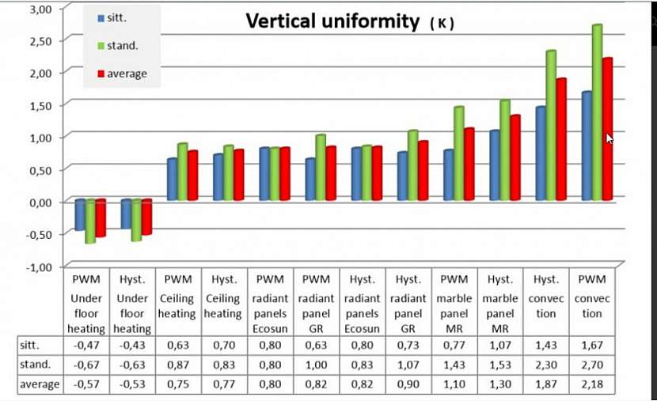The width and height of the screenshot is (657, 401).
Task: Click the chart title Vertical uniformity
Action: click(332, 21)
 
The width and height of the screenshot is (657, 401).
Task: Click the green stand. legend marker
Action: click(100, 46)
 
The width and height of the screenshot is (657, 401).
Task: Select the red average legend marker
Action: click(100, 74)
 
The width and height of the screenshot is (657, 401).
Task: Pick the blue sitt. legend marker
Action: click(100, 18)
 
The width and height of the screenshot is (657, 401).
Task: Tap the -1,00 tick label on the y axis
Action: click(36, 267)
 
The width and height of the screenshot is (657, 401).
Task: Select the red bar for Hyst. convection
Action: click(561, 139)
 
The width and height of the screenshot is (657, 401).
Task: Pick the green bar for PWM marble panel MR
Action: click(458, 153)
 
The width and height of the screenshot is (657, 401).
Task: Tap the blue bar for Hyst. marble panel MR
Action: click(495, 165)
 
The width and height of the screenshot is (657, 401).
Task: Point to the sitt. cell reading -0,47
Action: click(86, 345)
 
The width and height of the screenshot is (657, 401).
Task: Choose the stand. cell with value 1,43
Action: click(454, 365)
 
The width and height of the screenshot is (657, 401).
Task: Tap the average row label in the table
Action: click(39, 384)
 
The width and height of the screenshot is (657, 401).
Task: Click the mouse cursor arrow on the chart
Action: click(610, 138)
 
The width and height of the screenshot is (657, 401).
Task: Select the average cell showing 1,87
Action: click(545, 384)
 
